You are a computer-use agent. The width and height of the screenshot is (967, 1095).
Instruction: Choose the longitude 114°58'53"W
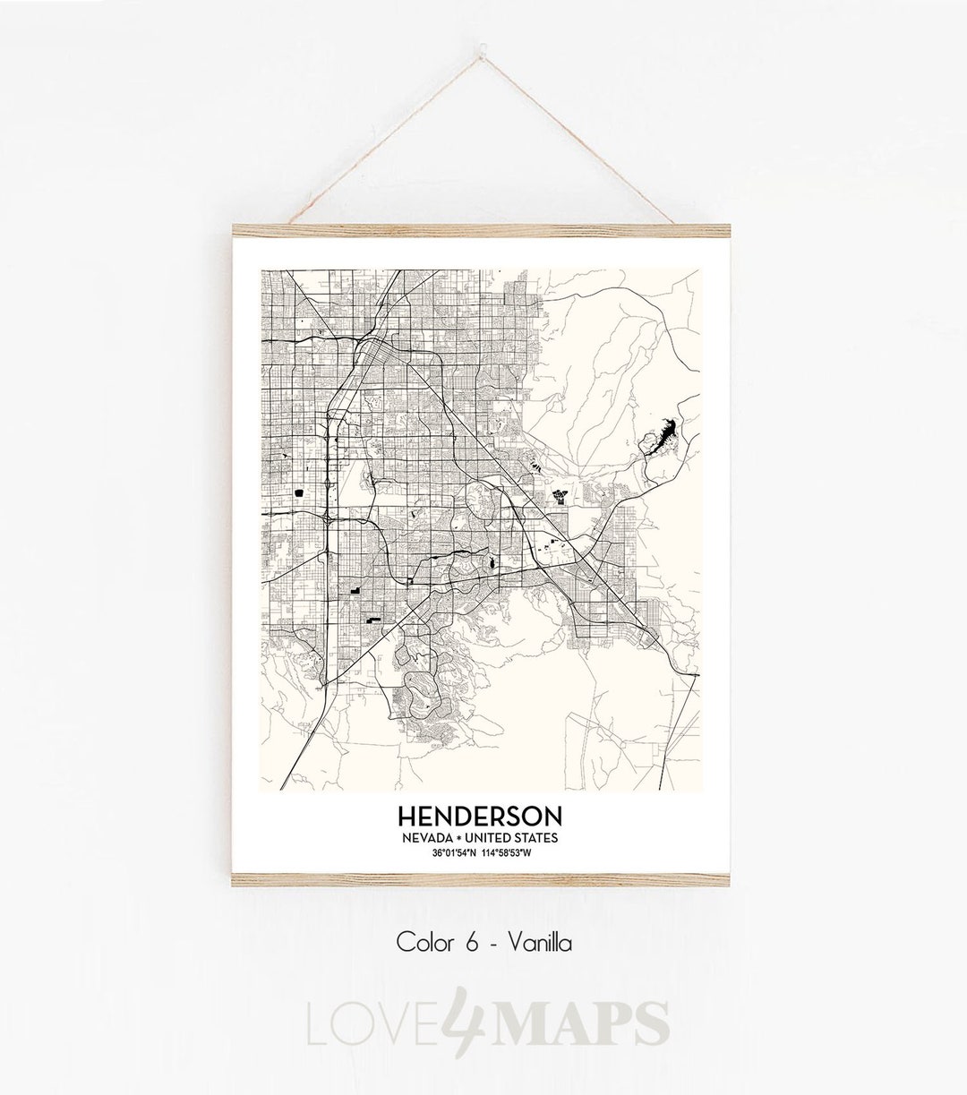(507, 852)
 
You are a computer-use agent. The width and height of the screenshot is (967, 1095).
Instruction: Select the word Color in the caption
(425, 942)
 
